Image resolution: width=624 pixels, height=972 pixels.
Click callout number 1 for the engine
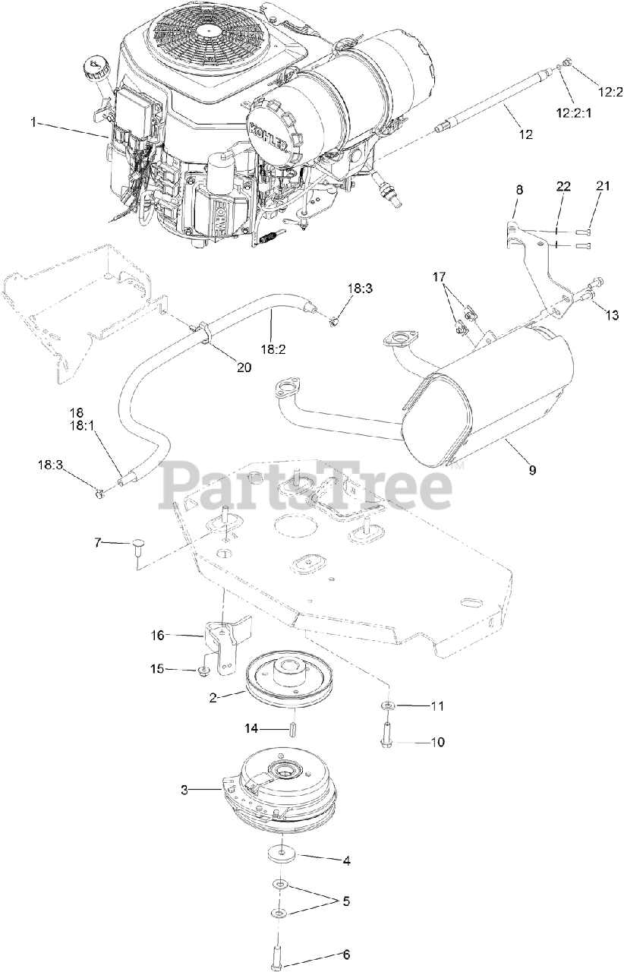click(x=33, y=121)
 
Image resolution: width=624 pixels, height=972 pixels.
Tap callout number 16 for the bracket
click(x=157, y=634)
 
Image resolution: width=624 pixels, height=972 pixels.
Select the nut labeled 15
click(x=203, y=671)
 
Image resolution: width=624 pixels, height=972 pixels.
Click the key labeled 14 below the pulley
click(x=291, y=729)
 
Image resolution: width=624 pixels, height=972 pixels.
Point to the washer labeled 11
click(x=388, y=707)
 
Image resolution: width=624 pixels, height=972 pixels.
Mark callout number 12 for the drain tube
click(x=525, y=134)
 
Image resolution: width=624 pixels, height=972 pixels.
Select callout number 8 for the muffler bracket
click(x=519, y=191)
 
